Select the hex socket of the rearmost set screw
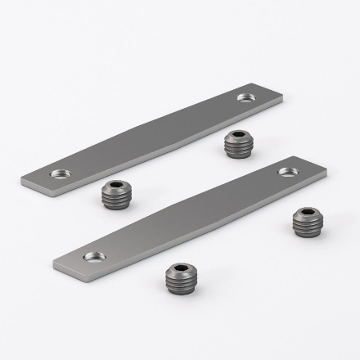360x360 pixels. tap(236, 136)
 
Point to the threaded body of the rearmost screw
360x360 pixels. tap(236, 148)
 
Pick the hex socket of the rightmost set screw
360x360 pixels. tap(306, 214)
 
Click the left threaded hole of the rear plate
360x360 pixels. tap(58, 173)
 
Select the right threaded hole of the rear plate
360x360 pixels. tap(245, 97)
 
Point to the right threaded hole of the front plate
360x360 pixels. tap(287, 172)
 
